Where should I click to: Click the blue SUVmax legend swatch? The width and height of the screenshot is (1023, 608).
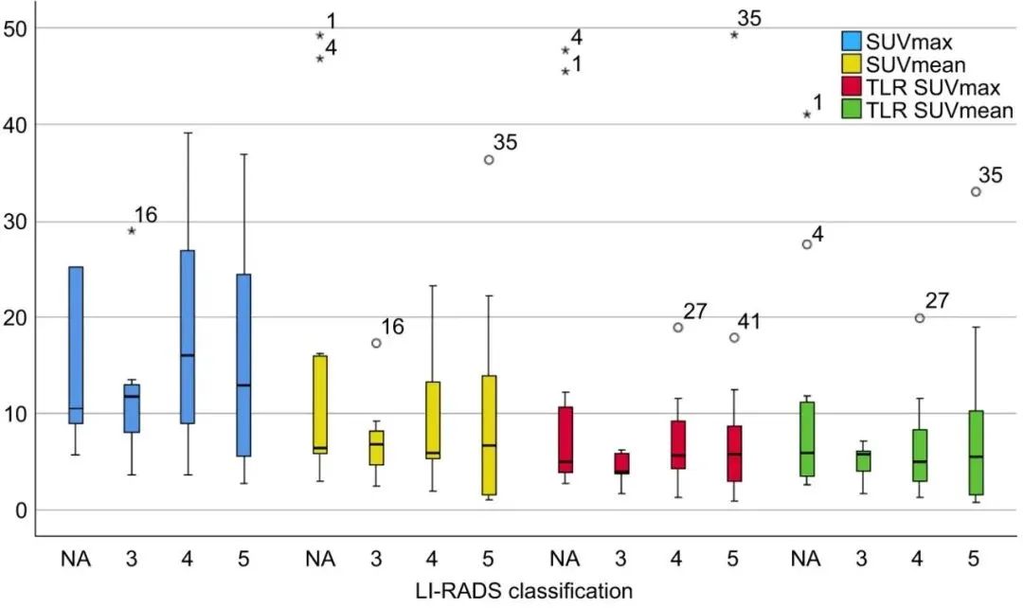[x=852, y=42]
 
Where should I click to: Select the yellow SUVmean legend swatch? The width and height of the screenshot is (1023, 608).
[x=852, y=65]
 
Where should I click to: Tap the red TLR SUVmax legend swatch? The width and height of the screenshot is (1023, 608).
[x=852, y=88]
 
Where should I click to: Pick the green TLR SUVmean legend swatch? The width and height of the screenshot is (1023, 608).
[x=852, y=112]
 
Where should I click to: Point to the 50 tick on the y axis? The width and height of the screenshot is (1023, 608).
[x=18, y=28]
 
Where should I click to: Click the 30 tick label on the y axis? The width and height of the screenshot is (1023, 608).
[x=18, y=222]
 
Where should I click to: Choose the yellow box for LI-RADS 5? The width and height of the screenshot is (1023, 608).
[x=489, y=435]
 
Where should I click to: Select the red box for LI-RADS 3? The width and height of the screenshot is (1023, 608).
[x=621, y=463]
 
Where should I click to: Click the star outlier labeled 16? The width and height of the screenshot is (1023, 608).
[x=132, y=230]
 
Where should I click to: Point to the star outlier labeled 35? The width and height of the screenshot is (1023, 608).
[x=734, y=34]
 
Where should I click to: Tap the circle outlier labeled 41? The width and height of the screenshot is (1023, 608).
[x=734, y=337]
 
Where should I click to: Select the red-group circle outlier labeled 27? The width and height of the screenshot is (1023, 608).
[x=678, y=328]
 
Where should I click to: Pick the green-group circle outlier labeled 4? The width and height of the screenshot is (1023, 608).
[x=807, y=243]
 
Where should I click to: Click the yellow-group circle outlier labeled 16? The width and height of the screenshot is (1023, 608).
[x=376, y=343]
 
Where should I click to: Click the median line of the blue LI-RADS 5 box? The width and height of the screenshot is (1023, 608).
[x=243, y=385]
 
